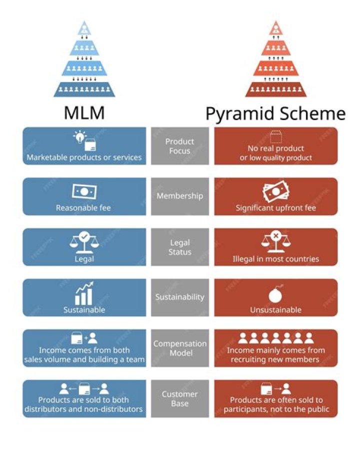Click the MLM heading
84,113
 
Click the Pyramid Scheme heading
275,114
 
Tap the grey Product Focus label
180,146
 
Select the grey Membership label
180,196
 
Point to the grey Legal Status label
180,247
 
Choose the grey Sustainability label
180,297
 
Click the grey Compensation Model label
180,348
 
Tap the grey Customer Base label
180,398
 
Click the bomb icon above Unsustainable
275,295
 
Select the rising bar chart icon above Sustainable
84,294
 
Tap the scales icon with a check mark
84,241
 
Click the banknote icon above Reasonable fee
84,191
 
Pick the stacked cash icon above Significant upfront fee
275,192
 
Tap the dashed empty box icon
275,136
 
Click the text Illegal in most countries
275,259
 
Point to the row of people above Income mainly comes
275,338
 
